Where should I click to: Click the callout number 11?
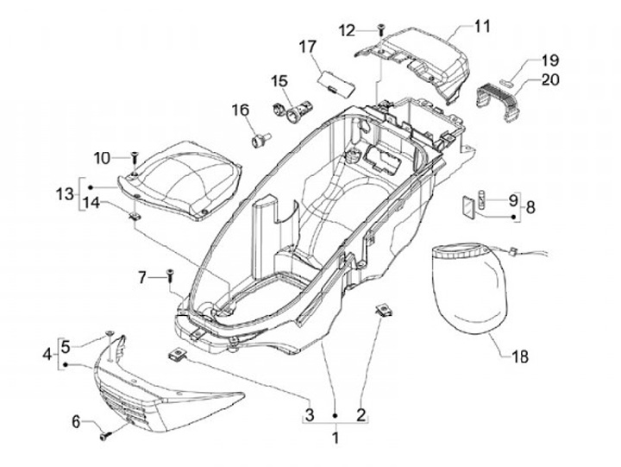[x=481, y=26]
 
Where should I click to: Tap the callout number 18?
[x=518, y=356]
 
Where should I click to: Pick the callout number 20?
[x=549, y=80]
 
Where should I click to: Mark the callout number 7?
[x=144, y=276]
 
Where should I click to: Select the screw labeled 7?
[x=170, y=276]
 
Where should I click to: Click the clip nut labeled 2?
[x=380, y=310]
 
